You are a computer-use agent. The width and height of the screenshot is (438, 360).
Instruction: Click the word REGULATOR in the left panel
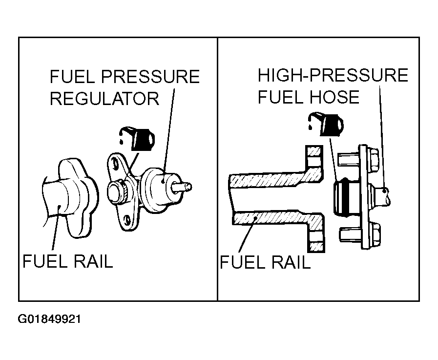(x=104, y=98)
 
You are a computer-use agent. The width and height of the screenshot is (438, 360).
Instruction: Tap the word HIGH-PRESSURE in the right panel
(x=333, y=75)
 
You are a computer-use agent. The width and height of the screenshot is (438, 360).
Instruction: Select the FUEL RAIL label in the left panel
(x=67, y=261)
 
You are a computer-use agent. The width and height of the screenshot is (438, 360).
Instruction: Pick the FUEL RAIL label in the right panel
(x=265, y=262)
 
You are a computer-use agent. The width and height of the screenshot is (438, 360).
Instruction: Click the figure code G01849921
(x=49, y=319)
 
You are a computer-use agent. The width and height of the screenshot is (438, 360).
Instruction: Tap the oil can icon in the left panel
(x=137, y=139)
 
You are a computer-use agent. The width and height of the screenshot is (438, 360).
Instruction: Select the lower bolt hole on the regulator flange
(x=127, y=220)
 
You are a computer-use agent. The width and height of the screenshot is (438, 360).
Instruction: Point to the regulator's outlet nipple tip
(x=188, y=186)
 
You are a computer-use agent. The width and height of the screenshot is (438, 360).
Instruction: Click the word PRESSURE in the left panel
(x=150, y=77)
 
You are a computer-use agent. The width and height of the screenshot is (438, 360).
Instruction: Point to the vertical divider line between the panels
(x=217, y=169)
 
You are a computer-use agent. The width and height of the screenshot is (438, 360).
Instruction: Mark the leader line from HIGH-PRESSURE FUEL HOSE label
(x=382, y=138)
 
